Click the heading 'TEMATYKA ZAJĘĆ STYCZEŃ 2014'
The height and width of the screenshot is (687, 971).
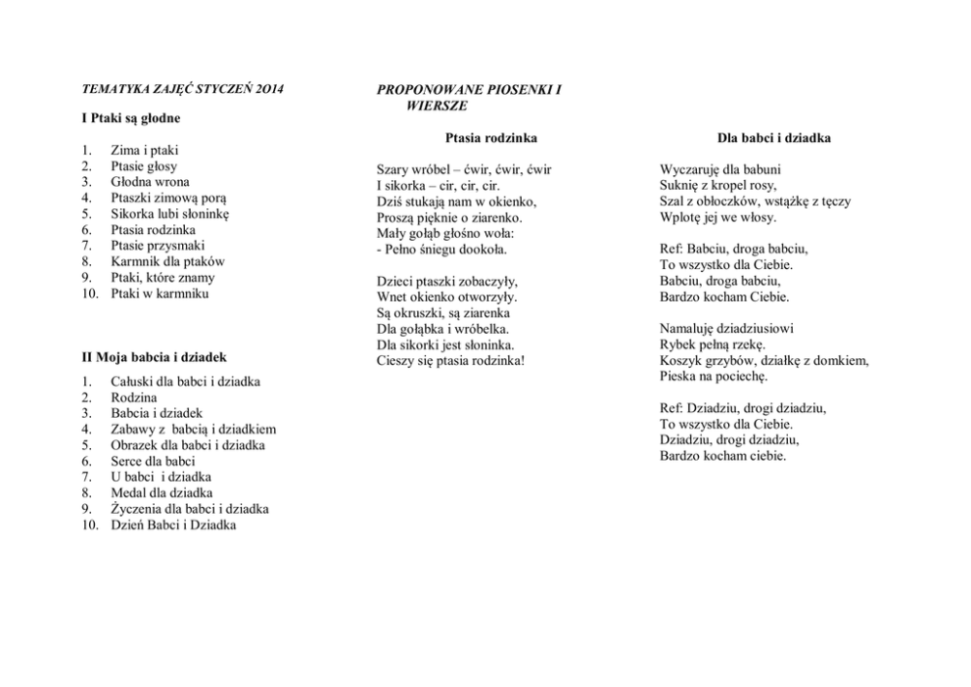182,89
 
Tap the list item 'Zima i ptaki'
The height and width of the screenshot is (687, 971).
144,150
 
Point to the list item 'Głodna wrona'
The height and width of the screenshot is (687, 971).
150,182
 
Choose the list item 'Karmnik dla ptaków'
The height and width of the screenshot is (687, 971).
167,261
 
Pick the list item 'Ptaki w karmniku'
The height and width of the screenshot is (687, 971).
160,294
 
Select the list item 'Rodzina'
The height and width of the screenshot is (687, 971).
133,397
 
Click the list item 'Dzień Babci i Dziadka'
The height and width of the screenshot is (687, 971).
172,525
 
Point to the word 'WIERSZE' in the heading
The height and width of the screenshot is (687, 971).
437,105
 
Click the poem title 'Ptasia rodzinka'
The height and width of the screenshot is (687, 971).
490,138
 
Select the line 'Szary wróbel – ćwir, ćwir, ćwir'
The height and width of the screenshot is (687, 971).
464,169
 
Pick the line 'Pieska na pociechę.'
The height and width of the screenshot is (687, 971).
714,376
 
